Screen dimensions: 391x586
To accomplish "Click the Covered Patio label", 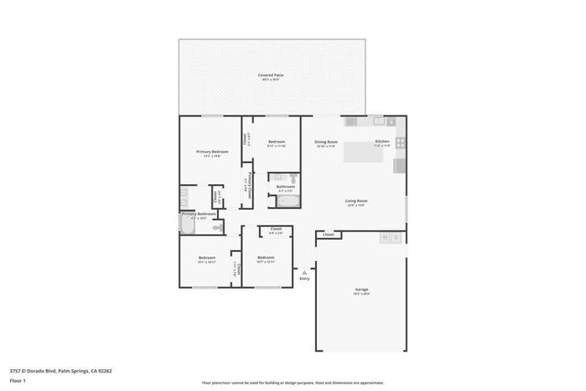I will point(270,75).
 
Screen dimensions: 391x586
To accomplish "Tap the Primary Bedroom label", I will point(212,151).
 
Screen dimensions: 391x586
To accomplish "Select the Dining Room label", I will point(327,142).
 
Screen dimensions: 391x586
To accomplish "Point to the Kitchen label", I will point(382,141).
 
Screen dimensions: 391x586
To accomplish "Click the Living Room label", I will point(356,201).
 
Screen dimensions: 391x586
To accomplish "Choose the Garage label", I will point(362,289).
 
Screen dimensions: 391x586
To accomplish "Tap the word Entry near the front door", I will point(304,278).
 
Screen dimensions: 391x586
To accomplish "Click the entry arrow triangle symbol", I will point(304,271).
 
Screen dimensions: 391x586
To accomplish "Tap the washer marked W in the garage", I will point(385,238).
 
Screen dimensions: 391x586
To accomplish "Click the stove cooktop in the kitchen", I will point(400,166).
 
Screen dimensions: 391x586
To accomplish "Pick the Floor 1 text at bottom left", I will point(18,381).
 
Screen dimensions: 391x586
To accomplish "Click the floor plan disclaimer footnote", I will point(292,383).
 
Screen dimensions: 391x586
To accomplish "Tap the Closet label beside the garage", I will point(328,235).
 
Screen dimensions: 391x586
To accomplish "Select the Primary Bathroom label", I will point(198,214).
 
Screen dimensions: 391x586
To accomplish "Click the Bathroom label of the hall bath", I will point(285,187).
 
